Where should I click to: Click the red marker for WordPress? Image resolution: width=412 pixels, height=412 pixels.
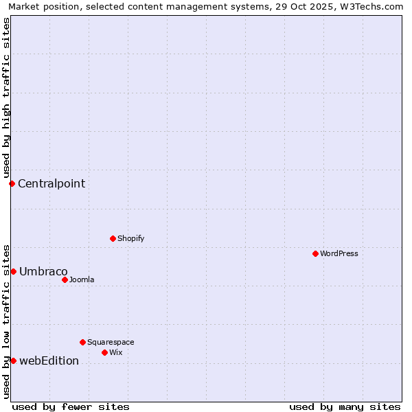[x=315, y=253]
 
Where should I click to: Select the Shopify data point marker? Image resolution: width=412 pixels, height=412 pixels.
[x=113, y=238]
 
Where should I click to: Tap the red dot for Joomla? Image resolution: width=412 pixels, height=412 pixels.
[x=65, y=279]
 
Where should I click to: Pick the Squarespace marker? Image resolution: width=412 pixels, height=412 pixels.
[x=82, y=342]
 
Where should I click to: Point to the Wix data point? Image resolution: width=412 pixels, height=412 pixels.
[x=104, y=352]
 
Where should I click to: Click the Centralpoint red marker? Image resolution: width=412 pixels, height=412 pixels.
[x=12, y=183]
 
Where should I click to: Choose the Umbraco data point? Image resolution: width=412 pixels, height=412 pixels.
[x=13, y=271]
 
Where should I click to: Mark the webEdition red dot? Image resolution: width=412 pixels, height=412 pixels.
[x=13, y=360]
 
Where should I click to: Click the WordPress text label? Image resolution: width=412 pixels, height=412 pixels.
[x=339, y=253]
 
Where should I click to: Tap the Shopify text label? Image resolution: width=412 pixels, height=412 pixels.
[x=130, y=238]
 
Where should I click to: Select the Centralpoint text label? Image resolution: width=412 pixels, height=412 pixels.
[x=51, y=183]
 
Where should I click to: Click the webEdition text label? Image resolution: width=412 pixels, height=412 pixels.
[x=49, y=360]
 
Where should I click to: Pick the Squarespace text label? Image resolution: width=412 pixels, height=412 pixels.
[x=111, y=342]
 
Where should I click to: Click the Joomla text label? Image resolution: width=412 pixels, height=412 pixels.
[x=82, y=279]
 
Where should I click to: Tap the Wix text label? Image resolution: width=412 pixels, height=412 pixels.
[x=115, y=352]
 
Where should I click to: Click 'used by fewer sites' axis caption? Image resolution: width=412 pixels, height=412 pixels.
[x=71, y=407]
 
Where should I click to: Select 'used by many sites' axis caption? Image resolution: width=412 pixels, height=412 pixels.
[x=345, y=407]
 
